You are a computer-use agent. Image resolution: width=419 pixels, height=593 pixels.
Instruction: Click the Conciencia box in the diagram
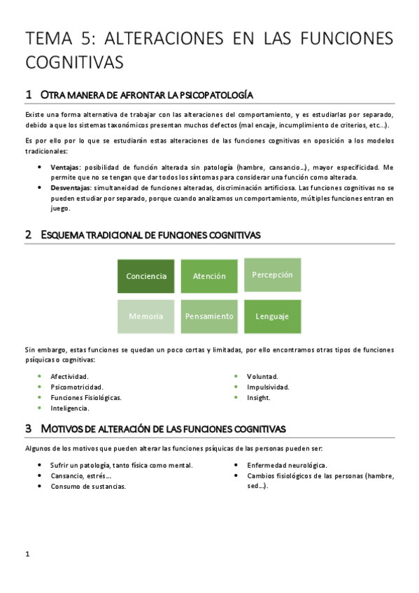[146, 276]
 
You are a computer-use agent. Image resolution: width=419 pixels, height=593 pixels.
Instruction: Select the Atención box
[209, 276]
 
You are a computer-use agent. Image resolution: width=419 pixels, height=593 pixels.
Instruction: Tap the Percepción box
[272, 275]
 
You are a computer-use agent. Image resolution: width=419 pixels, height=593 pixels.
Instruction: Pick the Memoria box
[146, 316]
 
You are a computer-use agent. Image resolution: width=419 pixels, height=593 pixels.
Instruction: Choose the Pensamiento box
[209, 316]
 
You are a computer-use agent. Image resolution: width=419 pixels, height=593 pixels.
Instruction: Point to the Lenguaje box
[272, 316]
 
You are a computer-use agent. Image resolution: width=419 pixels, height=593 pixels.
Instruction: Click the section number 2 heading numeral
[28, 236]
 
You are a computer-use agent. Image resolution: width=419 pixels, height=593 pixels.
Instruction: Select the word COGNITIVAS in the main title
[74, 62]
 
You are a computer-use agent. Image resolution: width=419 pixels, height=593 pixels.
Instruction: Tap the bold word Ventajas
[65, 168]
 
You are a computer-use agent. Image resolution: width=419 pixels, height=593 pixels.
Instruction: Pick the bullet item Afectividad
[69, 376]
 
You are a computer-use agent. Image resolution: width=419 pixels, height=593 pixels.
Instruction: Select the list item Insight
[258, 397]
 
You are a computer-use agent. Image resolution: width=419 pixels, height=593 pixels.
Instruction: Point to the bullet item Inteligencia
[70, 408]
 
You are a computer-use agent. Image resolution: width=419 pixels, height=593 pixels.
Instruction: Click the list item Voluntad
[262, 376]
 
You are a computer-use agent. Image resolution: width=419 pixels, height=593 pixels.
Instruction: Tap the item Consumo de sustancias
[88, 487]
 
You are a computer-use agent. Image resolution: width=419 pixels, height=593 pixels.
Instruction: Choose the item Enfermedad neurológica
[287, 466]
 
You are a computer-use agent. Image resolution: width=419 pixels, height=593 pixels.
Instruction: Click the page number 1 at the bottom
[27, 555]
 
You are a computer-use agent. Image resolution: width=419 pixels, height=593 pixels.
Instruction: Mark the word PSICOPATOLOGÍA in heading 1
[216, 95]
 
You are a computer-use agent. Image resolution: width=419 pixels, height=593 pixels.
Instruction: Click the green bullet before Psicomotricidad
[40, 387]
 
